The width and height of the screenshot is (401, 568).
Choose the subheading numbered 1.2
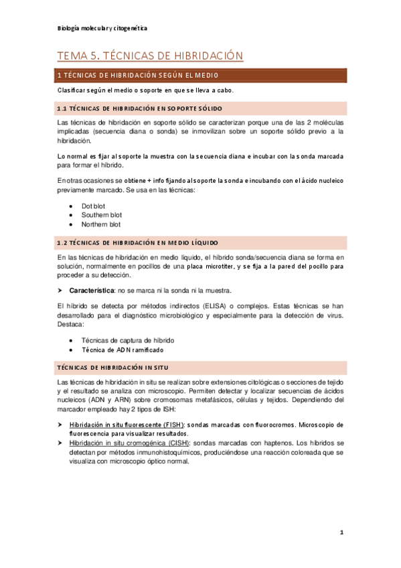[x=142, y=242]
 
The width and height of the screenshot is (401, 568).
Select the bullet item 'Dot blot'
[x=93, y=206]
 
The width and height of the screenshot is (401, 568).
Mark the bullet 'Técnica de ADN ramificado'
[x=122, y=350]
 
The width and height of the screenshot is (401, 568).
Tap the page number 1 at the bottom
[x=341, y=534]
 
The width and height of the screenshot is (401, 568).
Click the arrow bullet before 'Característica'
[x=60, y=291]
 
